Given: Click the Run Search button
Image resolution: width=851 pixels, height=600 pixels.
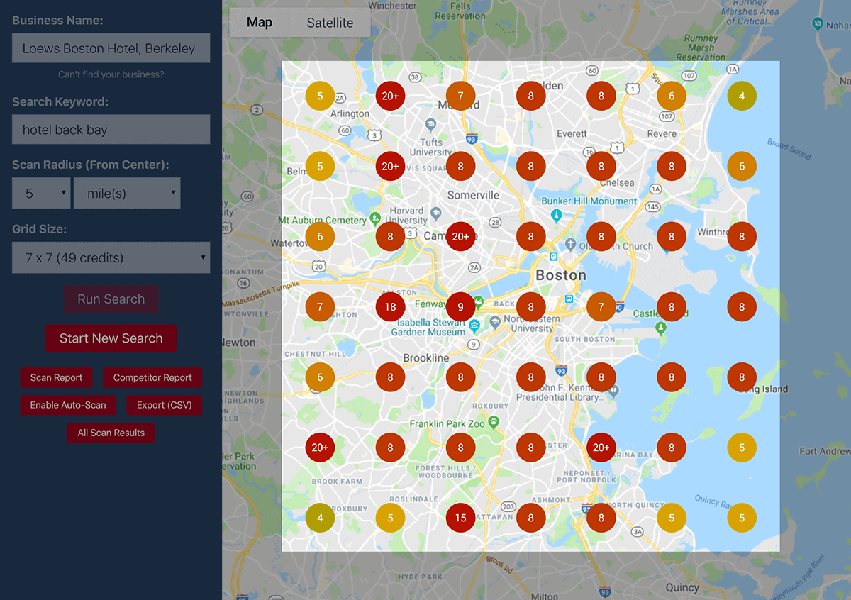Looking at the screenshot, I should (111, 299).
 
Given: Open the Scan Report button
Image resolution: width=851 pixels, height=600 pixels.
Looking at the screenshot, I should (56, 378).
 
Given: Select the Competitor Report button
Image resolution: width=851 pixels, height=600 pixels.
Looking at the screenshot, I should (152, 378).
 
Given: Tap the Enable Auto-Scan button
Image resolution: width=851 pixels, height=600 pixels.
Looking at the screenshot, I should (68, 405).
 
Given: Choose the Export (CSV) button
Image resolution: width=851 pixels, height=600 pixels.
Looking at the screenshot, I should (165, 405).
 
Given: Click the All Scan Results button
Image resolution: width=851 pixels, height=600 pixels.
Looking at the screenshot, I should (111, 433).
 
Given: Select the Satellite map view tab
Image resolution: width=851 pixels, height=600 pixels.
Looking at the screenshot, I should (330, 23).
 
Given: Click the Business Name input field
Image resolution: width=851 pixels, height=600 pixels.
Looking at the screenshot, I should (111, 48).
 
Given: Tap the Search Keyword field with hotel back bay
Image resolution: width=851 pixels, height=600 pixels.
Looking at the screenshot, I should (111, 130).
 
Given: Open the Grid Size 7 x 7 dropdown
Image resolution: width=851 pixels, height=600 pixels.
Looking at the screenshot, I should (111, 258).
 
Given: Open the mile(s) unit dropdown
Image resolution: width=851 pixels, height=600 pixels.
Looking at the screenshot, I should (127, 193).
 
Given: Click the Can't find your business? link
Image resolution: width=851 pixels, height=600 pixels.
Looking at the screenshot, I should (111, 74).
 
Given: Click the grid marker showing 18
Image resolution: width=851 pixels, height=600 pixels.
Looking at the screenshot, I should (390, 307).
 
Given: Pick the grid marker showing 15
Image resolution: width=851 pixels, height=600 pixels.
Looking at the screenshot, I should (460, 518).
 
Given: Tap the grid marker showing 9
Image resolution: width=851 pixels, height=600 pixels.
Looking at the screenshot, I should (460, 307).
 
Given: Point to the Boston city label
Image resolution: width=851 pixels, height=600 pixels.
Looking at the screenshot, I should (561, 275).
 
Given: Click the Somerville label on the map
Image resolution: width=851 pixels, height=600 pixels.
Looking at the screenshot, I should (473, 195).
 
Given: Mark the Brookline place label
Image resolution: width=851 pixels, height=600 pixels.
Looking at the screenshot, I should (425, 358).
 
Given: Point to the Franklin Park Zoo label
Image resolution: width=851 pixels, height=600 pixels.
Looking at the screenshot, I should (447, 423).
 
